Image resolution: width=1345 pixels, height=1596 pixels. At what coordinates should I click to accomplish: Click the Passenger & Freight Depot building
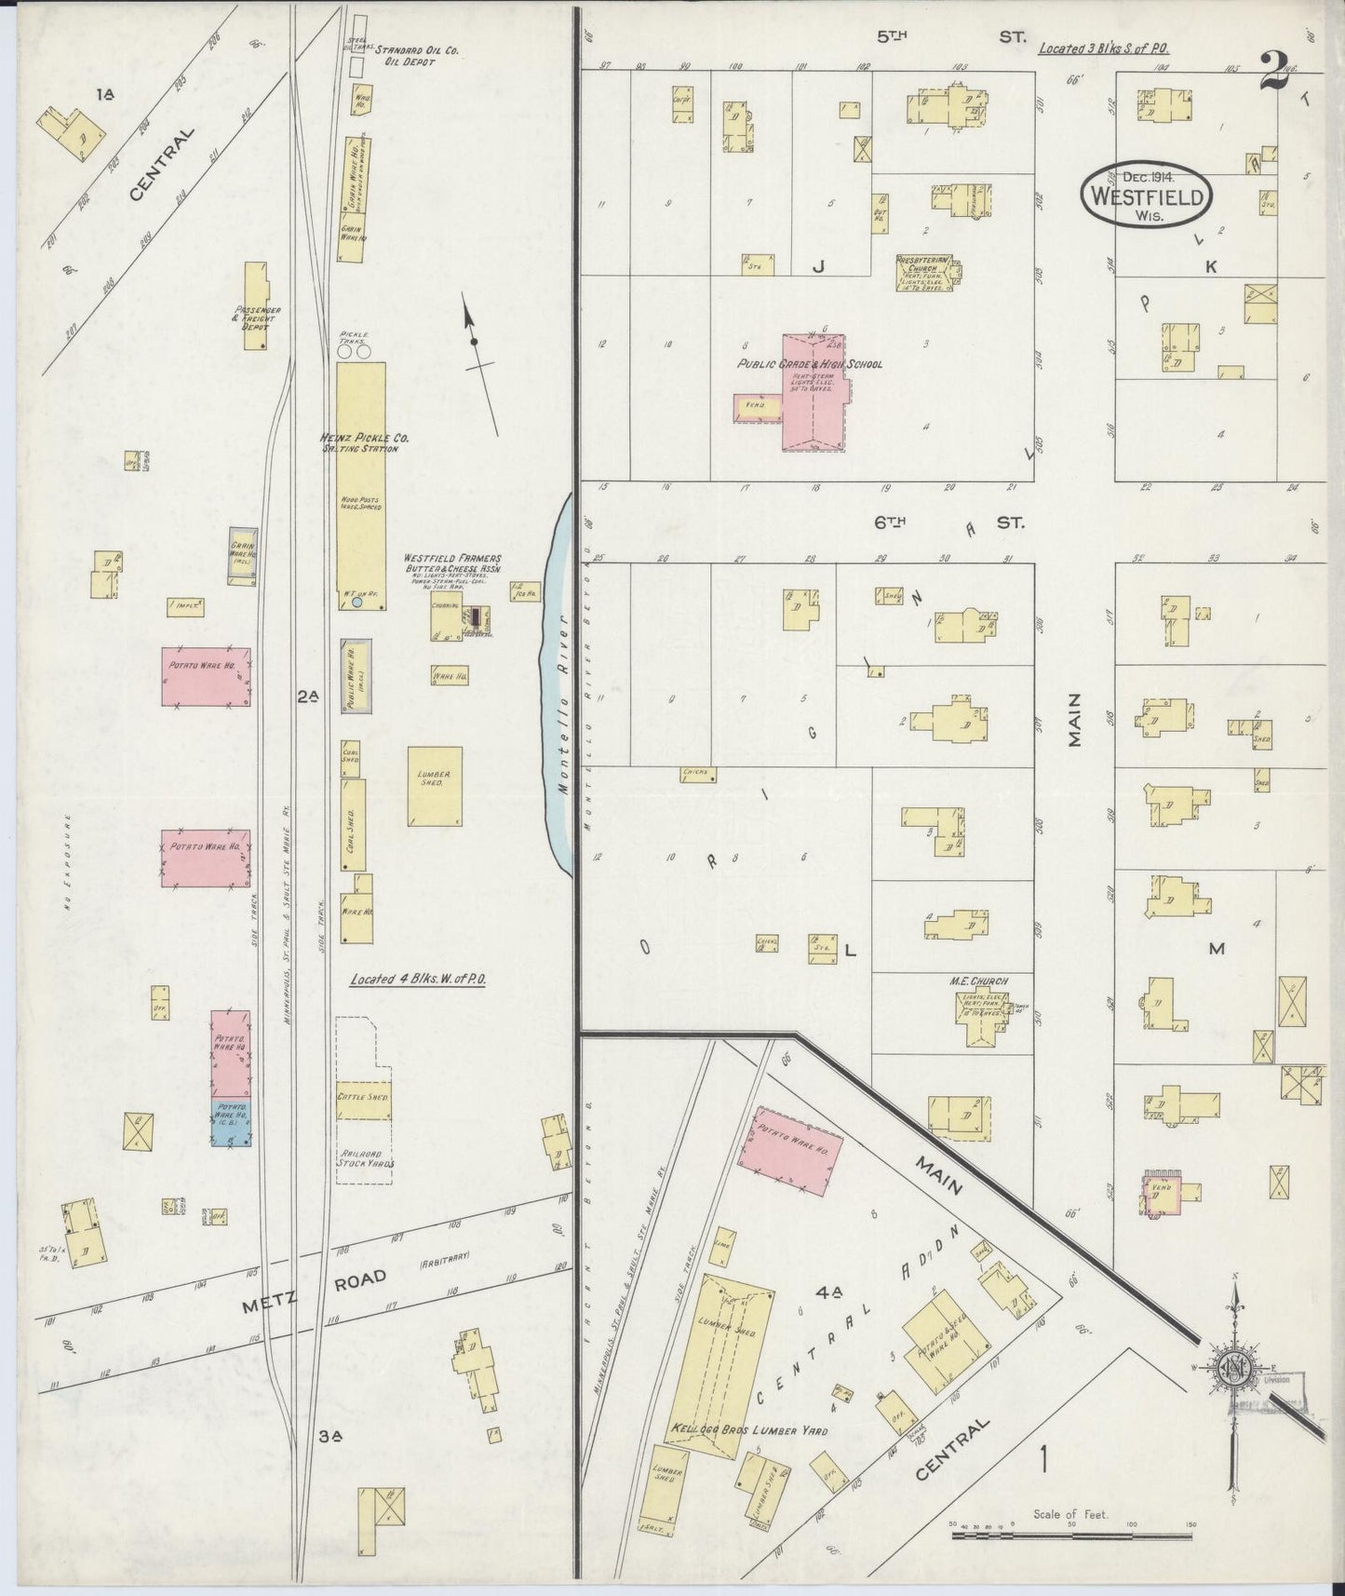(x=257, y=306)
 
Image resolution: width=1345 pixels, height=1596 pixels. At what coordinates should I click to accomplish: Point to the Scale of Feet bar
(x=1070, y=1533)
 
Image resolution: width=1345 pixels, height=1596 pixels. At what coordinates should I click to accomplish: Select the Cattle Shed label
(x=364, y=1098)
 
